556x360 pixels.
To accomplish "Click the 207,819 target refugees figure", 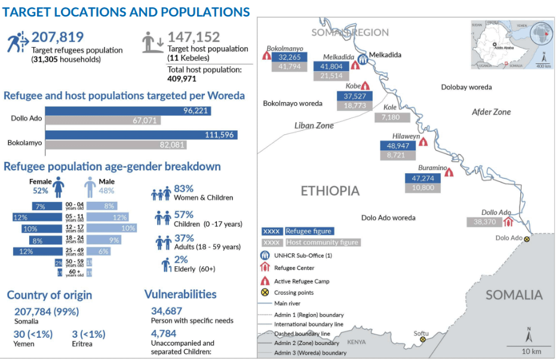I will (57, 37).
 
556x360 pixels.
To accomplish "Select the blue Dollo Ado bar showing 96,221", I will (128, 111).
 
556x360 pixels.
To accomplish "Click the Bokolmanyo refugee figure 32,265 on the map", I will (289, 57).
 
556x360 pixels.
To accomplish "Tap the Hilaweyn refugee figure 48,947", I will (397, 145).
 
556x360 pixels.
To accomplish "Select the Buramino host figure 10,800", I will (423, 187).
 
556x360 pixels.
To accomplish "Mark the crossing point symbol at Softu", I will (423, 339).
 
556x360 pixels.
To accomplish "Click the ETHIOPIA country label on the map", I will (330, 191).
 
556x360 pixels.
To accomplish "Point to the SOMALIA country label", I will (514, 295).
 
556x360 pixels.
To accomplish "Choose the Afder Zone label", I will (491, 112).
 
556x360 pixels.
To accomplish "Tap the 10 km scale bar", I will (524, 346).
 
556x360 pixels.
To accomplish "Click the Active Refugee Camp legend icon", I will (264, 281).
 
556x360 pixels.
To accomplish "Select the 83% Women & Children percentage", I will (183, 189).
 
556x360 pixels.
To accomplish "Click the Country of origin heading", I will (50, 295).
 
